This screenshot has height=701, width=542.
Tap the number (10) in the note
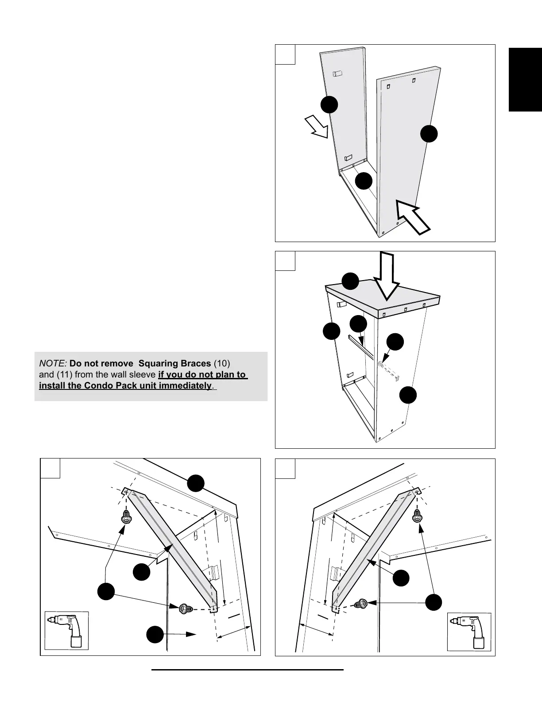[x=222, y=364]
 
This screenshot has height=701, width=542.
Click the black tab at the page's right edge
[x=525, y=79]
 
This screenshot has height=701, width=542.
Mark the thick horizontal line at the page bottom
[x=248, y=670]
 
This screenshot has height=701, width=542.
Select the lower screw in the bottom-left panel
[x=185, y=609]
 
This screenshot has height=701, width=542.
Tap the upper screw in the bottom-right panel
[x=416, y=515]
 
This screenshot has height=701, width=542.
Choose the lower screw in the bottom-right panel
[x=361, y=603]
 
